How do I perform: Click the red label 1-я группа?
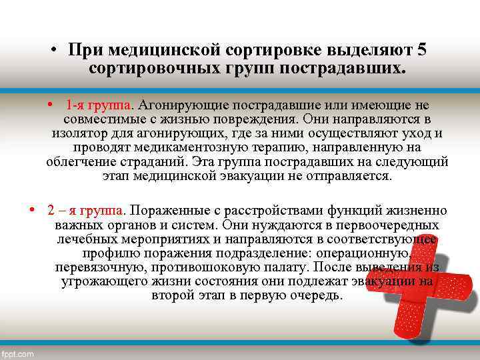99,105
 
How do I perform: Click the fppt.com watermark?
18,354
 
